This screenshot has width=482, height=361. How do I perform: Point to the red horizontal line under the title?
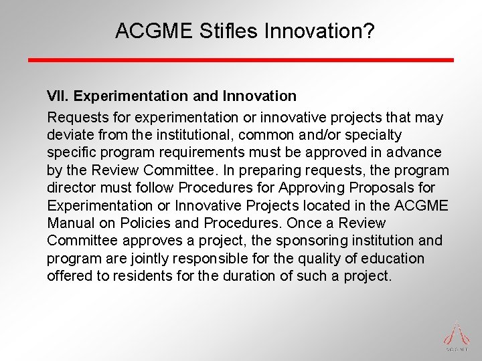(x=240, y=60)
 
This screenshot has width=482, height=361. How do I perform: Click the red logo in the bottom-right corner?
(x=457, y=335)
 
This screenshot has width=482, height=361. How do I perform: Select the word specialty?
(x=378, y=136)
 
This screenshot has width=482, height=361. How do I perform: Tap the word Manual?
(x=69, y=223)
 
